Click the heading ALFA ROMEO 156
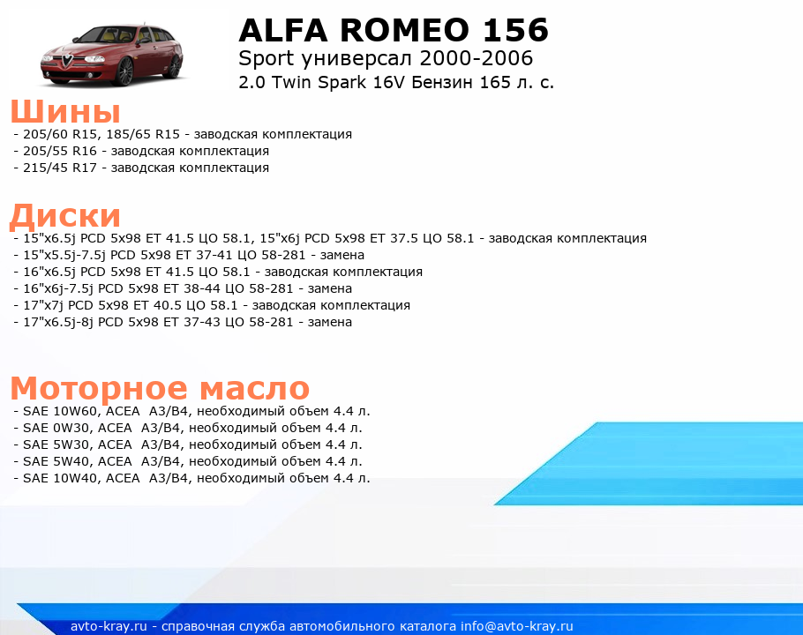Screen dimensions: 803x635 coord(394,30)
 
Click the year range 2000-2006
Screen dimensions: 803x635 coord(476,58)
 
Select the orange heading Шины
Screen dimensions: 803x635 coord(65,111)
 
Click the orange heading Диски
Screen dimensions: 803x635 coord(65,216)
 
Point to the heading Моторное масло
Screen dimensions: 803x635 coord(160,388)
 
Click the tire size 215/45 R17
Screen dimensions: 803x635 coord(60,168)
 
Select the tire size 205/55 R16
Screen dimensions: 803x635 coord(60,151)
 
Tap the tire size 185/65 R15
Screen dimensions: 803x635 coord(143,134)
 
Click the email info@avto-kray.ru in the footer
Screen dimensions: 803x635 coord(517,626)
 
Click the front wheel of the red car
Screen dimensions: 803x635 coord(124,71)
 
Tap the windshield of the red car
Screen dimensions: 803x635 coord(104,35)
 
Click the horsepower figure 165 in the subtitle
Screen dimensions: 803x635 coord(495,82)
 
